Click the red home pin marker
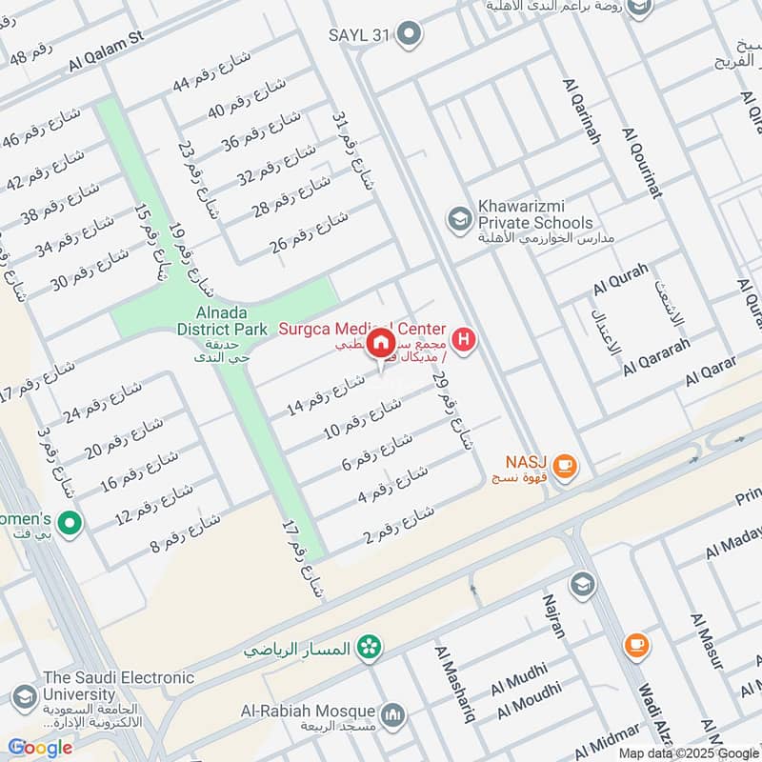380,344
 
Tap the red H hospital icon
464,339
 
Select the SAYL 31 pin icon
410,35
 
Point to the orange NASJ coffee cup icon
565,465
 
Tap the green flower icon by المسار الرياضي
366,649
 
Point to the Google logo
40,748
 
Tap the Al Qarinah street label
582,110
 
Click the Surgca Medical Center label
362,329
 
